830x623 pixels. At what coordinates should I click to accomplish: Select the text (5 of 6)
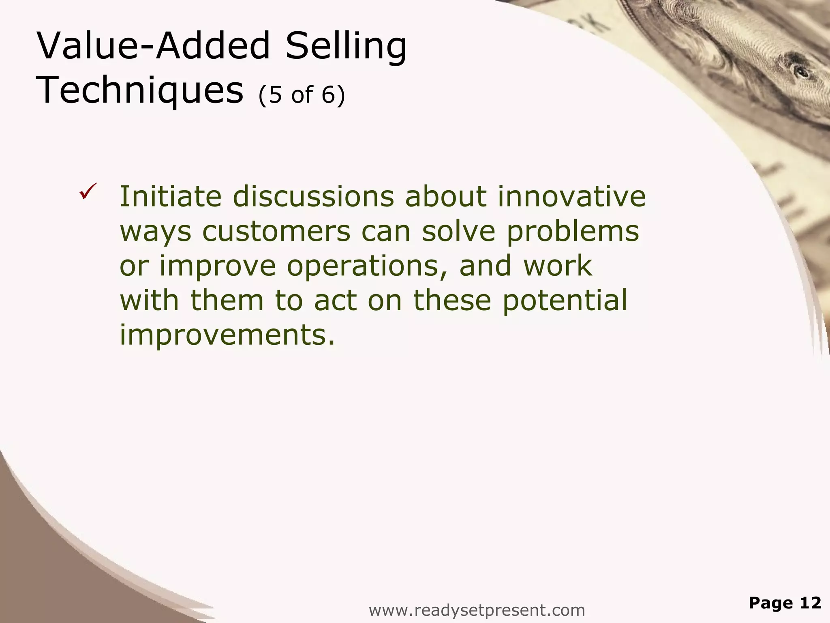point(302,95)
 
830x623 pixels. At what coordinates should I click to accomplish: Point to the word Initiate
point(170,196)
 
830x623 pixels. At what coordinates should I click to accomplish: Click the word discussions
point(313,196)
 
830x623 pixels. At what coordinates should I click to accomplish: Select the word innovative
point(571,196)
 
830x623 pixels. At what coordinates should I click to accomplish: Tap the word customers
point(276,231)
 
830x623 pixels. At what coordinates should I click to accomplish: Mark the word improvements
point(227,335)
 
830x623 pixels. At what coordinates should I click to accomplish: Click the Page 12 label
point(785,603)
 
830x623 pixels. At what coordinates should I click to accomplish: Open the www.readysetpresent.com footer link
point(477,610)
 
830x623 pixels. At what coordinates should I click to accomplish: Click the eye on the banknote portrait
point(802,73)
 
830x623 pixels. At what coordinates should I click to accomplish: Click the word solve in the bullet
point(459,231)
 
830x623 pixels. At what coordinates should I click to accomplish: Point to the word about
point(445,196)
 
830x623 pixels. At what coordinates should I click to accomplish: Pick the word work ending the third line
point(557,266)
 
